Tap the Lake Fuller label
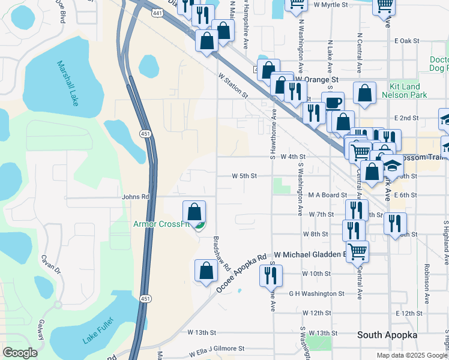tap(95, 331)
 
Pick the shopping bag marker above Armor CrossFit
tap(194, 212)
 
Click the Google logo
tap(20, 353)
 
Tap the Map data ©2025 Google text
tap(412, 355)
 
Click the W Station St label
tap(234, 85)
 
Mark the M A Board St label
tap(328, 195)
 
